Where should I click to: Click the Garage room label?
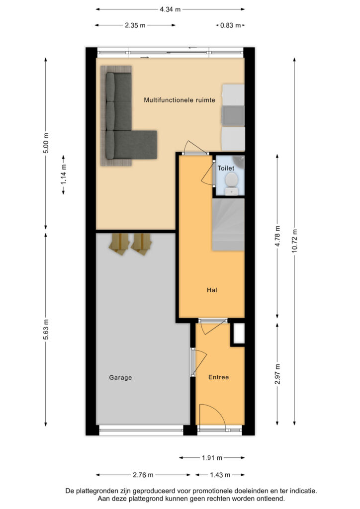tap(120, 378)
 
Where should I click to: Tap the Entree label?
tap(218, 377)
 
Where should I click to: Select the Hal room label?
tap(212, 290)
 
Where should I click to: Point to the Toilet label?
tap(226, 168)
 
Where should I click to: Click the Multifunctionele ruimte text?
tap(180, 100)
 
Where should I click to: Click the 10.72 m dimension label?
tap(294, 241)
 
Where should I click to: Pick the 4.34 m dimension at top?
tap(170, 9)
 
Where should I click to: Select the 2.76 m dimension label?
tap(143, 475)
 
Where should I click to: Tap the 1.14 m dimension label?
tap(64, 174)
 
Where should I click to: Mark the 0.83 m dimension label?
tap(231, 25)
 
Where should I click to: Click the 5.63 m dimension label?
tap(46, 330)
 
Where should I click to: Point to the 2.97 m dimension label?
tap(277, 374)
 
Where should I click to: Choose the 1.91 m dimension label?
tap(212, 458)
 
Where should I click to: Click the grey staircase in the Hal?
tap(228, 225)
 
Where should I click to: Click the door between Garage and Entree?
tap(192, 362)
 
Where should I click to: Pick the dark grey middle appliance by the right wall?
tap(233, 115)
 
